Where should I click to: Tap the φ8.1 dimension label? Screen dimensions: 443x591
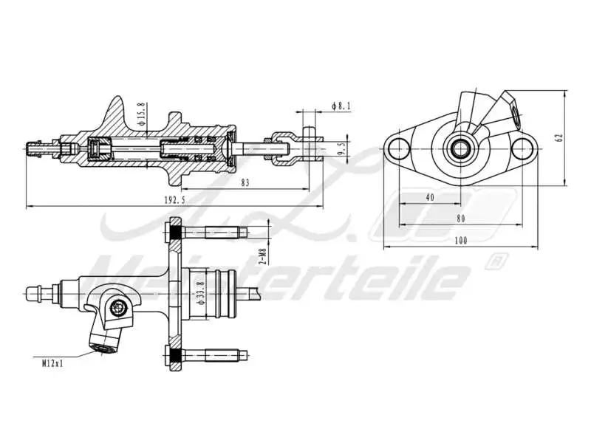(x=341, y=107)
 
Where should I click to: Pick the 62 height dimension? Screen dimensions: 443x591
(x=580, y=137)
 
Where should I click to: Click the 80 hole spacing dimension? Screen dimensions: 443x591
(x=461, y=219)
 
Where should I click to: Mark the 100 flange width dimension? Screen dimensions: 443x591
(x=462, y=241)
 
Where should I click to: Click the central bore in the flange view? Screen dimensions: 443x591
(x=462, y=147)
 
